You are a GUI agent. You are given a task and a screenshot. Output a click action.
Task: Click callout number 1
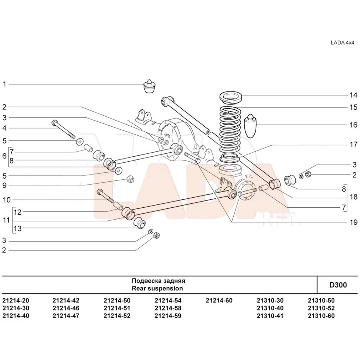click(4, 84)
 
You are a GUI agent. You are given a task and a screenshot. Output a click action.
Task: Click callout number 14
click(353, 95)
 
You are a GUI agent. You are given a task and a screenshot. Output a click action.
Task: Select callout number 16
click(353, 125)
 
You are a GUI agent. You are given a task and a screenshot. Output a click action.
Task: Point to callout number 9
click(4, 185)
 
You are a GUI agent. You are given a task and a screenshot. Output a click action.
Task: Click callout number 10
click(6, 200)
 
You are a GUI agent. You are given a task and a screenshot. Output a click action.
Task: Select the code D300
click(338, 285)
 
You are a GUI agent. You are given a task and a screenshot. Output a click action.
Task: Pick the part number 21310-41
click(270, 316)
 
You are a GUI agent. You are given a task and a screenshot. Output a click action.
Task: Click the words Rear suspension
click(157, 288)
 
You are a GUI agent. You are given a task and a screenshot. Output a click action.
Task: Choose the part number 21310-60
click(321, 316)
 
